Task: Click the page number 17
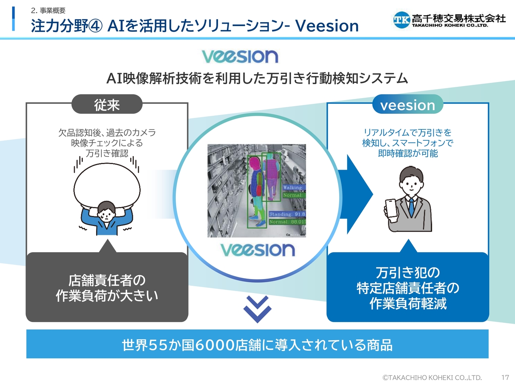(505, 377)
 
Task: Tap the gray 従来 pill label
(107, 104)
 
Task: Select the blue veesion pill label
(408, 104)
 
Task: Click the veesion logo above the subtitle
(240, 56)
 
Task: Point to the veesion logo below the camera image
(257, 250)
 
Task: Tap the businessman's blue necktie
(411, 207)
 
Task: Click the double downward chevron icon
(257, 309)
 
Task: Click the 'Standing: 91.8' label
(287, 214)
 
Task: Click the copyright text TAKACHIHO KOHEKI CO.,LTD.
(432, 378)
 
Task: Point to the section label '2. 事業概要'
(48, 10)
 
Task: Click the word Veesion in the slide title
(327, 26)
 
